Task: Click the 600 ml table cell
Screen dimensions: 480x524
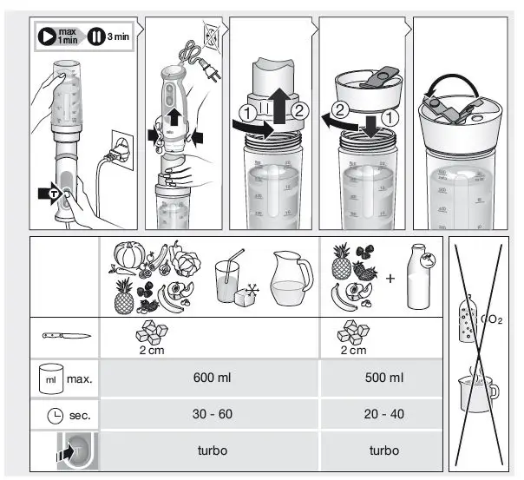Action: (x=210, y=378)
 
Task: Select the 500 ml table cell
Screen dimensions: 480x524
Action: (x=383, y=378)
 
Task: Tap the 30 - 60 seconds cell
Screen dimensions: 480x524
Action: (x=210, y=414)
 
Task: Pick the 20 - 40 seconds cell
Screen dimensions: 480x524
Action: (x=383, y=414)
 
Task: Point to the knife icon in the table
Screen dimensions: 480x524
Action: (x=63, y=334)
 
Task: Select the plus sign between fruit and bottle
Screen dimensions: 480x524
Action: (x=390, y=279)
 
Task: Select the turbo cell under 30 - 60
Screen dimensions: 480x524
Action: (x=210, y=451)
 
